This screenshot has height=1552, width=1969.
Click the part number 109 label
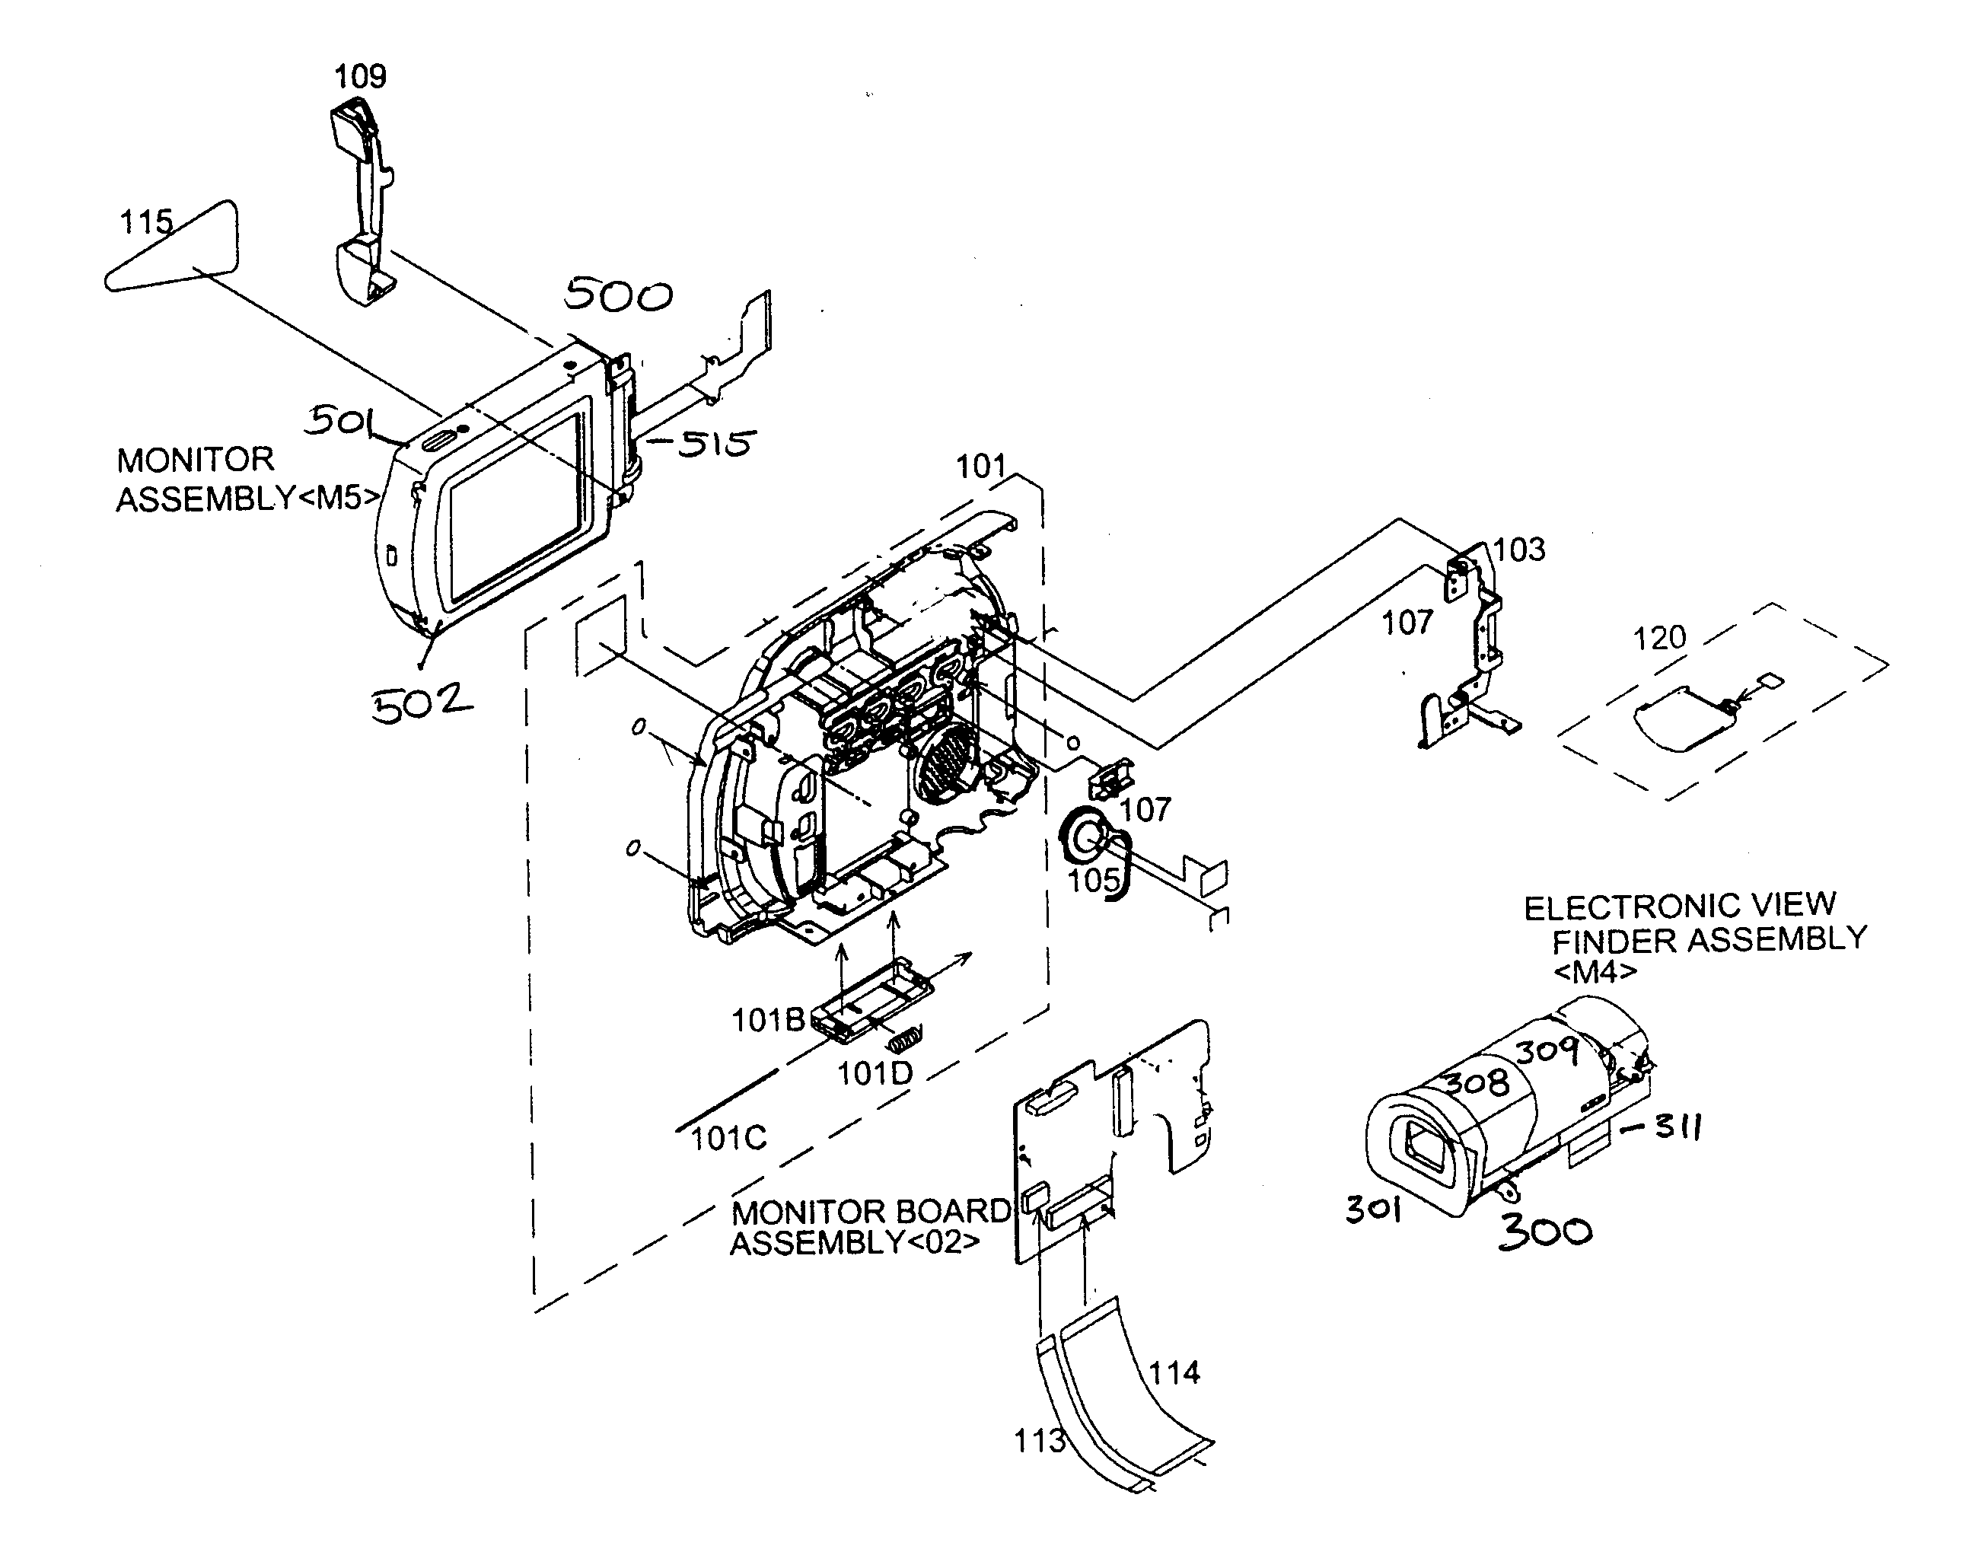(360, 76)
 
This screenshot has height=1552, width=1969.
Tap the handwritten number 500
(618, 295)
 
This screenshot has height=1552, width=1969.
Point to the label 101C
(728, 1138)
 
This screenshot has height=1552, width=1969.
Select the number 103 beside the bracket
(1518, 550)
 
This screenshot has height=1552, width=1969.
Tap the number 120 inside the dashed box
(1659, 639)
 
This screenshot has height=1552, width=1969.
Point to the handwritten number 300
(1544, 1232)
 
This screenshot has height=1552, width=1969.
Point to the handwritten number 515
(715, 444)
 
